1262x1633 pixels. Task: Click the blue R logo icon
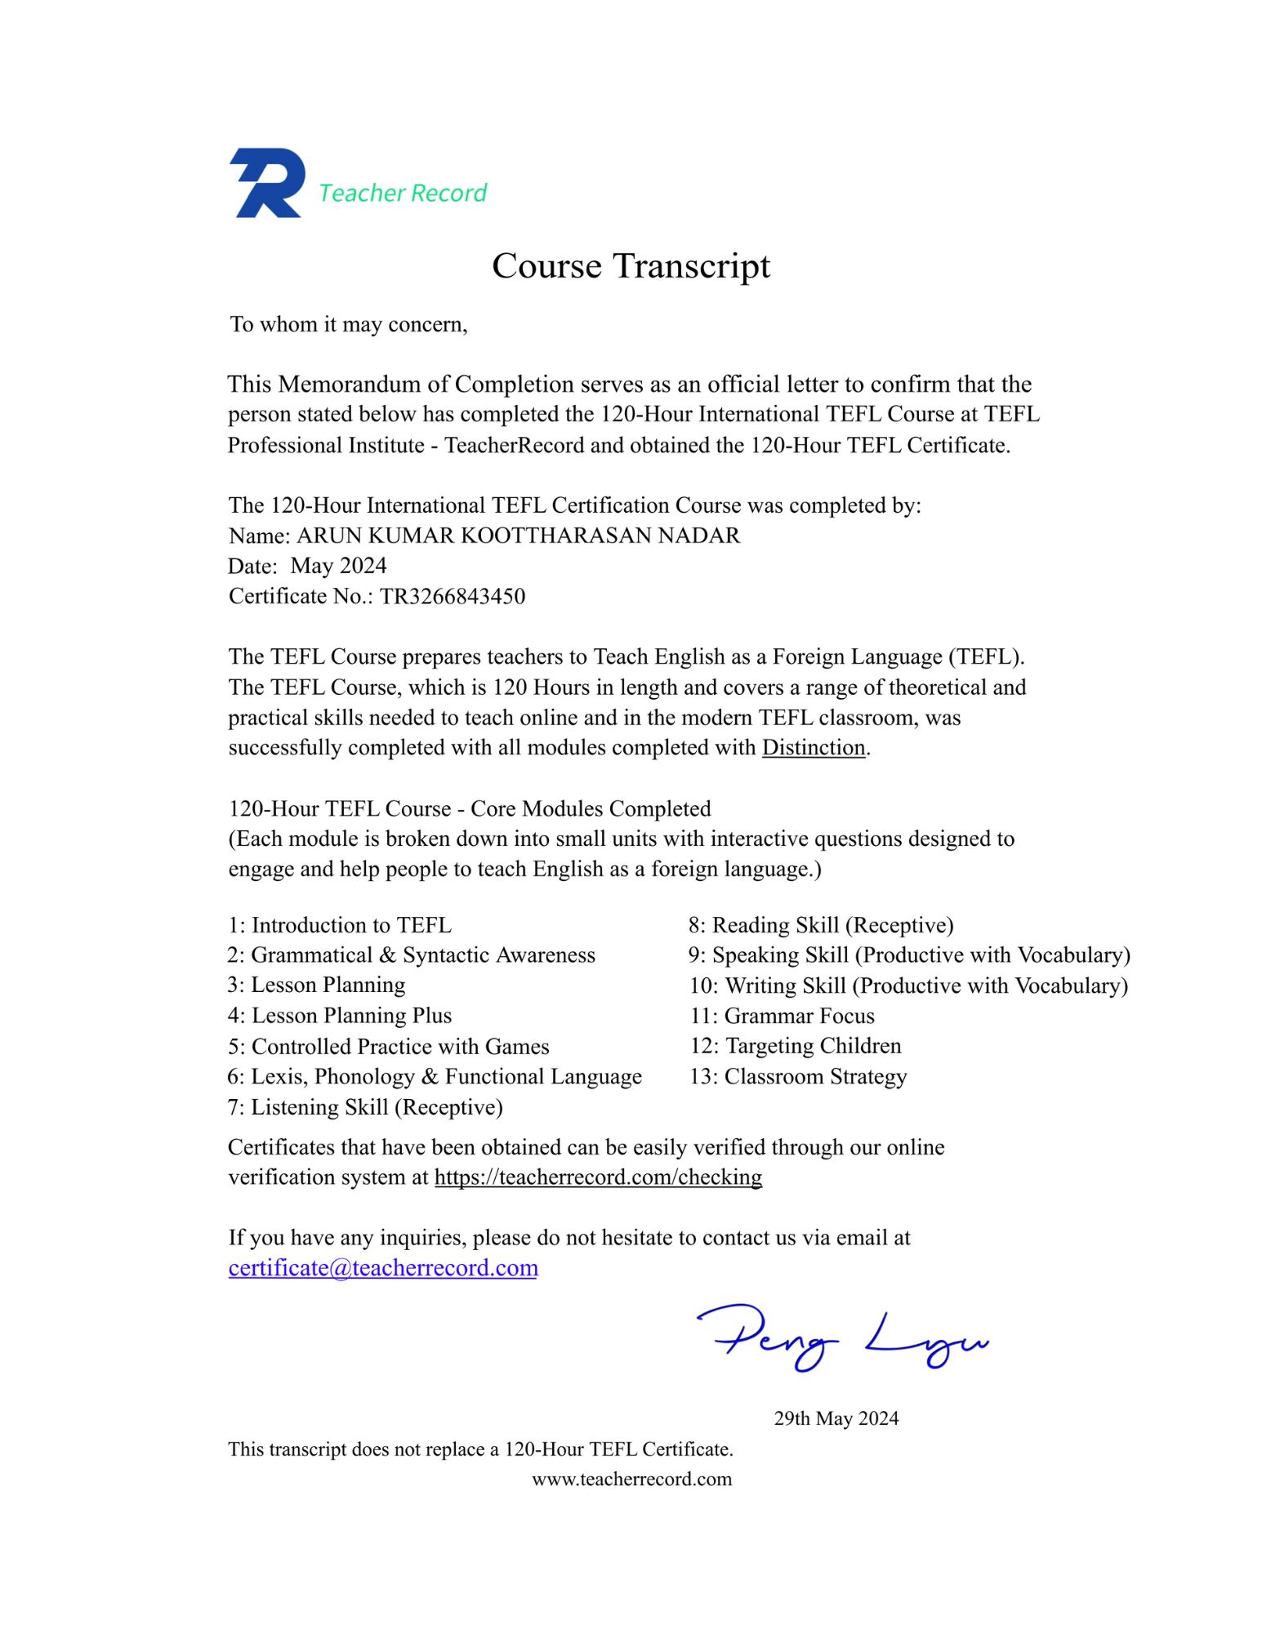tap(266, 183)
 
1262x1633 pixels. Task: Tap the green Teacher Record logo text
tap(402, 193)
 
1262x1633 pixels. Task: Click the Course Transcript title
tap(631, 266)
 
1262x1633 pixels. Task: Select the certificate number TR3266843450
tap(452, 596)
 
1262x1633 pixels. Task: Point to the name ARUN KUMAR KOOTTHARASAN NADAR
tap(518, 536)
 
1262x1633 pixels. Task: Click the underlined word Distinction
tap(813, 748)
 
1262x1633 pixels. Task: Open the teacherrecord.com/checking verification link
tap(598, 1177)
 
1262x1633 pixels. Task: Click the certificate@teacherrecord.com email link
tap(382, 1267)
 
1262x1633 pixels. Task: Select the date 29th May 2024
tap(836, 1418)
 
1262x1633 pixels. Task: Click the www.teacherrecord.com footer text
tap(631, 1479)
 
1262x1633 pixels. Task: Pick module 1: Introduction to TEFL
tap(340, 925)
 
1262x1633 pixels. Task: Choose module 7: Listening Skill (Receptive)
tap(365, 1107)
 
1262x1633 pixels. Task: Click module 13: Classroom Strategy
tap(798, 1077)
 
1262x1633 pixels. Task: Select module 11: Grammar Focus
tap(782, 1016)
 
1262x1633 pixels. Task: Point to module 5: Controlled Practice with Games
tap(389, 1047)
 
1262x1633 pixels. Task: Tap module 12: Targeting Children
tap(796, 1046)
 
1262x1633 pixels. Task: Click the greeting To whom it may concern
tap(349, 325)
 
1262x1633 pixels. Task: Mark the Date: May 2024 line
tap(308, 566)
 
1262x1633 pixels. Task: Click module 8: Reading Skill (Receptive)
tap(821, 925)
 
